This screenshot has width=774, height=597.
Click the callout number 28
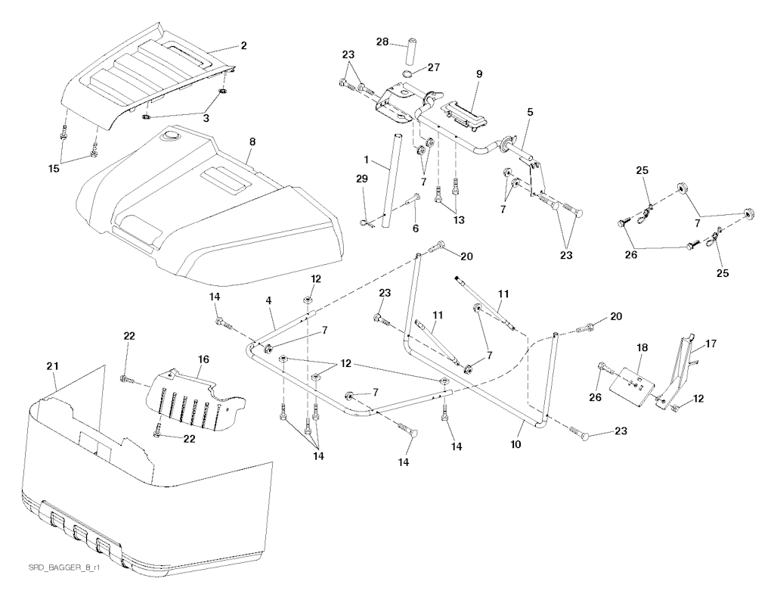pos(383,42)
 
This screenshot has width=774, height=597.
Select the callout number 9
pos(479,74)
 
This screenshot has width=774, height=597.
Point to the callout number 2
pos(243,46)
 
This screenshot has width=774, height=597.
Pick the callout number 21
pos(51,366)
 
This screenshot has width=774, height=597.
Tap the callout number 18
pos(642,347)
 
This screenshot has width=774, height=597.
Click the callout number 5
pos(530,112)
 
